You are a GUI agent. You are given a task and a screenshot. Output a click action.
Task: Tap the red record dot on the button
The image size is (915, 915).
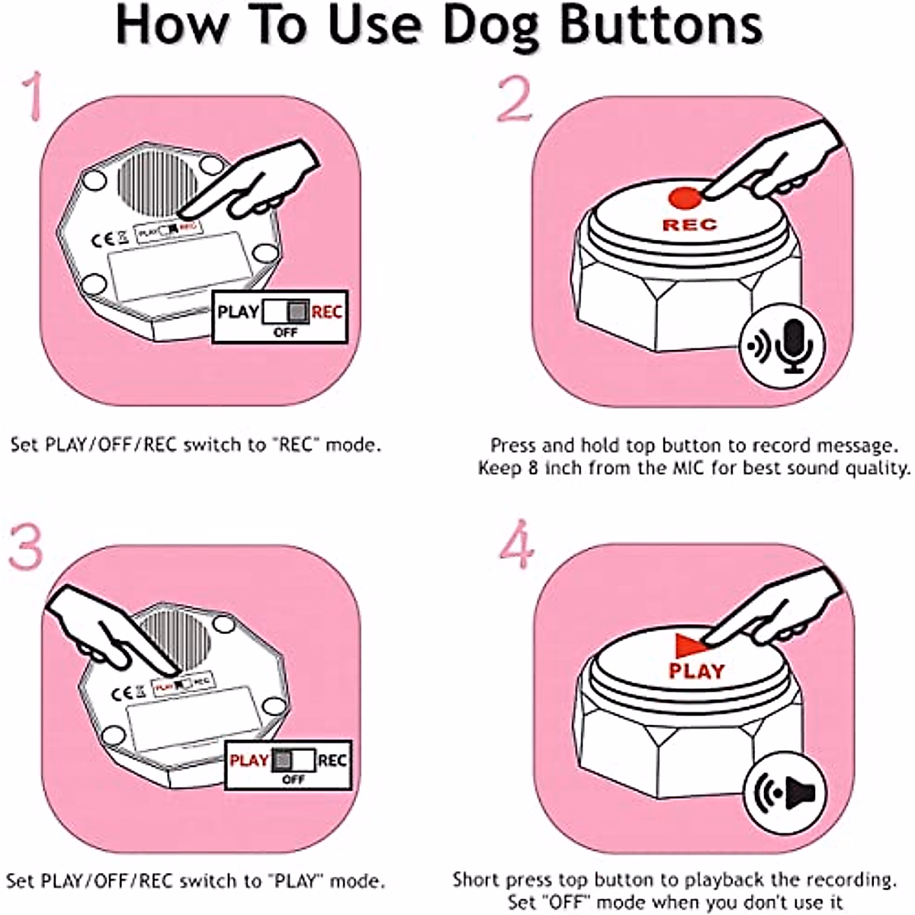click(684, 197)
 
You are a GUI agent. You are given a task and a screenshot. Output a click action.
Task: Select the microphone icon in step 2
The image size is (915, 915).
click(793, 345)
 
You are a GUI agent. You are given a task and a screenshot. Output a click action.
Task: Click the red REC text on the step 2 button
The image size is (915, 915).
click(689, 225)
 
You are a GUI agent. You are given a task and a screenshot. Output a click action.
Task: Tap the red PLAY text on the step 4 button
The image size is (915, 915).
click(695, 671)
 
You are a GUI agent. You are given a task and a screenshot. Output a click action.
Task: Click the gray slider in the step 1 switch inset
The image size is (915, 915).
click(298, 312)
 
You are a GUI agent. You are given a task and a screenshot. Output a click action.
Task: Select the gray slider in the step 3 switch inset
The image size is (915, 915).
click(282, 760)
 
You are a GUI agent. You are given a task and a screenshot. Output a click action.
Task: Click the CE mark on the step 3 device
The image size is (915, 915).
click(122, 693)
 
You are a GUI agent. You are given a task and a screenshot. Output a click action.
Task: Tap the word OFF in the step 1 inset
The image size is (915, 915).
click(285, 333)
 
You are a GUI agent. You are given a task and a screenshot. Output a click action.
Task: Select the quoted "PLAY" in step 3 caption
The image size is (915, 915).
click(295, 881)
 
